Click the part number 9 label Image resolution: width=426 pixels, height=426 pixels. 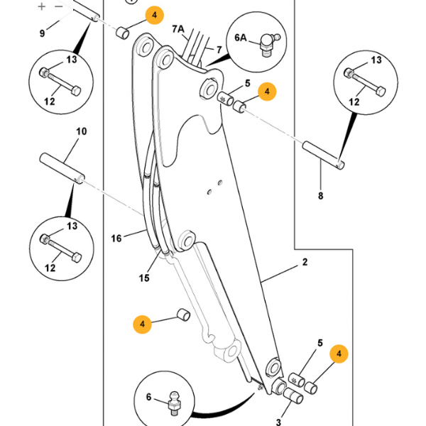42,33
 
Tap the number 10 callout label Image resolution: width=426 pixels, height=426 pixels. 81,131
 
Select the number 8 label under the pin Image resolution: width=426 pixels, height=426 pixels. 321,196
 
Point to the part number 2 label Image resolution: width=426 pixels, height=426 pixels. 305,262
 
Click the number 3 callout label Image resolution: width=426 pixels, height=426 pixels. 278,422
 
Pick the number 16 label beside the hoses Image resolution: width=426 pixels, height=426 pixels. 116,239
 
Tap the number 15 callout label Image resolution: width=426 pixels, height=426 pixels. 144,278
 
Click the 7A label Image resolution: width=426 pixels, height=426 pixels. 178,29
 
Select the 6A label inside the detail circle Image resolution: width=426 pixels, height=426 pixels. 241,38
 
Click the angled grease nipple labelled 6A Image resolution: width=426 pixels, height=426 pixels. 269,44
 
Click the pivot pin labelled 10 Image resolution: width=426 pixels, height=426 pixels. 62,169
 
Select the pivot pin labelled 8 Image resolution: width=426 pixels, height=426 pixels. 324,155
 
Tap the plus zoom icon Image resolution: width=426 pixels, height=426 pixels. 42,6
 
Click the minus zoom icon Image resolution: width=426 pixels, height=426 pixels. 59,6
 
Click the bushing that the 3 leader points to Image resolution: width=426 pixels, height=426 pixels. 293,396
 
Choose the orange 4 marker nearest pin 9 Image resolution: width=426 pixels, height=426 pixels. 155,15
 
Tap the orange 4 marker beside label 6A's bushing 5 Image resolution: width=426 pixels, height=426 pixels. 267,92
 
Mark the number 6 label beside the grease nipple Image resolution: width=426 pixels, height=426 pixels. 148,397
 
